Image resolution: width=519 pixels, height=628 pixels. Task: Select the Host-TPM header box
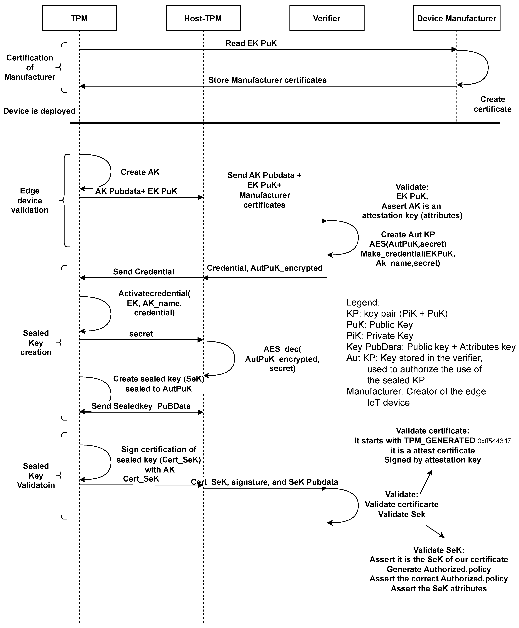203,18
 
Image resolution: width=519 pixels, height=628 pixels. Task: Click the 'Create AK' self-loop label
140,172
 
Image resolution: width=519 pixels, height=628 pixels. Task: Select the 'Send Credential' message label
144,272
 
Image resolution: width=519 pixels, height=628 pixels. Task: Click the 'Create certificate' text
492,104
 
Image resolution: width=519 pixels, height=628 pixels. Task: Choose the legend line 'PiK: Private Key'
380,336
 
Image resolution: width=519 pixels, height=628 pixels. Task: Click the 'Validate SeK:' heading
439,550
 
